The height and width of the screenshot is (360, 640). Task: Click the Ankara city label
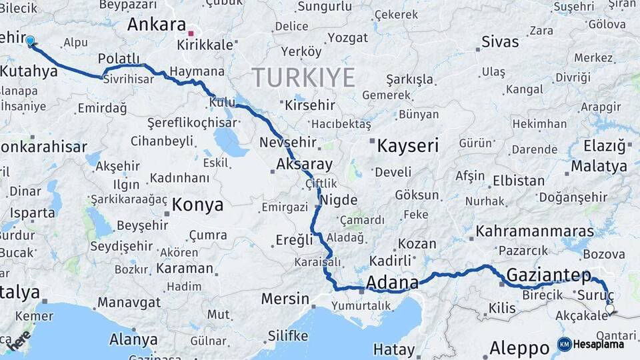pyautogui.click(x=156, y=25)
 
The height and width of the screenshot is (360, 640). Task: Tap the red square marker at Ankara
pyautogui.click(x=191, y=32)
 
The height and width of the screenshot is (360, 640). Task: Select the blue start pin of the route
pyautogui.click(x=30, y=41)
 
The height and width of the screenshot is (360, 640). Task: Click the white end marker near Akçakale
pyautogui.click(x=609, y=309)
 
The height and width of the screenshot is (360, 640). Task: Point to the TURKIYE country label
pyautogui.click(x=303, y=78)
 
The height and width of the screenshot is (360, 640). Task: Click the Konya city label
pyautogui.click(x=197, y=205)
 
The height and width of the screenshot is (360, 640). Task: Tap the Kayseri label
pyautogui.click(x=407, y=145)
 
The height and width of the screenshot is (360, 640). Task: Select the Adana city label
pyautogui.click(x=393, y=282)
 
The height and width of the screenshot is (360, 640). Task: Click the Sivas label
pyautogui.click(x=500, y=41)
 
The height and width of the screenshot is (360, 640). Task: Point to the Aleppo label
pyautogui.click(x=519, y=347)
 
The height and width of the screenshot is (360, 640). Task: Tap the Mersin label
pyautogui.click(x=285, y=299)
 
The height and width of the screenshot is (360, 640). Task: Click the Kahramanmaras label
pyautogui.click(x=535, y=231)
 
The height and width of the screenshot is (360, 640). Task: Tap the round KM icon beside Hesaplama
pyautogui.click(x=565, y=344)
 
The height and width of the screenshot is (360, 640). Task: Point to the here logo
pyautogui.click(x=18, y=340)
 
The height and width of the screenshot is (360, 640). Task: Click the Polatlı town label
pyautogui.click(x=119, y=59)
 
